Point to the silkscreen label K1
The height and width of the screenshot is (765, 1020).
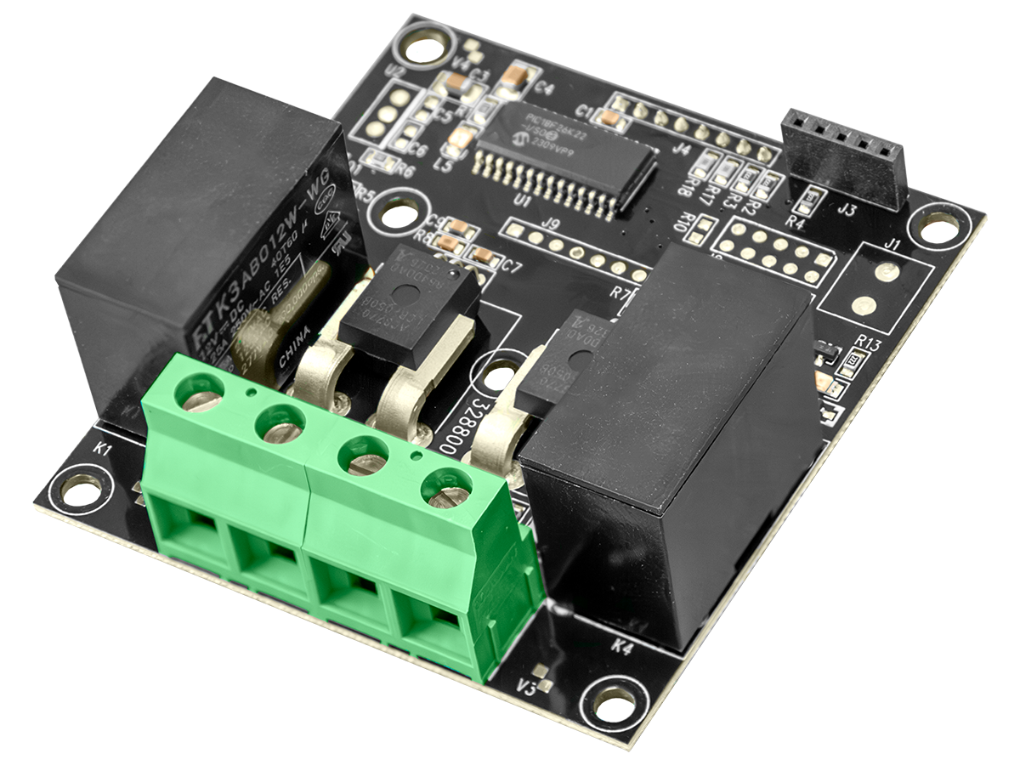(x=102, y=448)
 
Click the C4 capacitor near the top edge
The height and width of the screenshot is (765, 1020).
(x=516, y=78)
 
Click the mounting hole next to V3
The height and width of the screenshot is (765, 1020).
(x=613, y=701)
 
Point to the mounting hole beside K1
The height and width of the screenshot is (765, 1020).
(x=81, y=489)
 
